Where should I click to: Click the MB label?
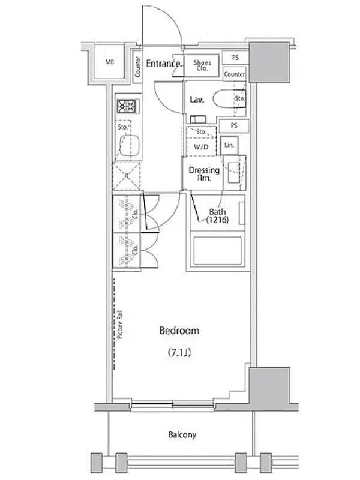(110, 62)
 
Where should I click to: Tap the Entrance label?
(163, 64)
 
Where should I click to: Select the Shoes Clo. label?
(202, 65)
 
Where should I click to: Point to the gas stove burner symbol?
(128, 106)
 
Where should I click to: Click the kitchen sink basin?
(130, 145)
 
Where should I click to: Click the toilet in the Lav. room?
(229, 98)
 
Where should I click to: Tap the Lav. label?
(197, 100)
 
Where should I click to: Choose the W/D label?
(201, 147)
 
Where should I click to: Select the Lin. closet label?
(229, 145)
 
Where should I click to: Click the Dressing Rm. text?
(204, 174)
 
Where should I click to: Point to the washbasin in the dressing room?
(233, 173)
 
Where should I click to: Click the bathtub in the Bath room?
(217, 250)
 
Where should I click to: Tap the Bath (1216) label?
(217, 216)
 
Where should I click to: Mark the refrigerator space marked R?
(127, 176)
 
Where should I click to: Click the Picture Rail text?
(119, 325)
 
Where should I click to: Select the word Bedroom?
(179, 331)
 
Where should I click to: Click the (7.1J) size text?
(179, 353)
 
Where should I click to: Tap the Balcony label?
(182, 434)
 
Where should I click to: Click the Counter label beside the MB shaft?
(138, 67)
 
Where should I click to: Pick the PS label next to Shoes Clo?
(235, 57)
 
